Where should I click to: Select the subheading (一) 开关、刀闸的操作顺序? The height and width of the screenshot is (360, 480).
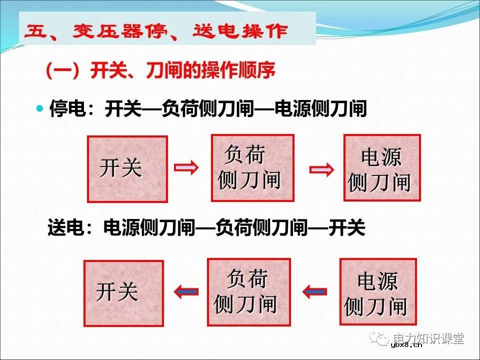[x=160, y=71]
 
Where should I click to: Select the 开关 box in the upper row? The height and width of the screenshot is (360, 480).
[x=127, y=169]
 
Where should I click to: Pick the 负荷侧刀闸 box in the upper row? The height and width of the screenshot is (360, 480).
[x=252, y=167]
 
